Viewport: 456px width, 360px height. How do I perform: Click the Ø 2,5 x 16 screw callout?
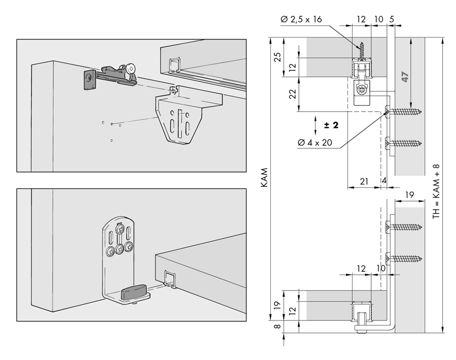[x=301, y=19]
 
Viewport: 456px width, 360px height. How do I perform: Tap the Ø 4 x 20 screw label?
[x=315, y=143]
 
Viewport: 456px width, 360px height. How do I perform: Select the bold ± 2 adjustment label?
[x=331, y=125]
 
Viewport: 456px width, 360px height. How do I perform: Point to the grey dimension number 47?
[x=405, y=77]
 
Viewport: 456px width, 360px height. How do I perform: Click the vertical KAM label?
[x=264, y=178]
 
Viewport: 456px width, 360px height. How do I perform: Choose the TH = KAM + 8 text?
[x=436, y=192]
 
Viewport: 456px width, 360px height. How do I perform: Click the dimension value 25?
[x=278, y=57]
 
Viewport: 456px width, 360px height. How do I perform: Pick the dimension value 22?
[x=293, y=94]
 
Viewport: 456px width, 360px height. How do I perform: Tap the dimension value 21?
[x=364, y=181]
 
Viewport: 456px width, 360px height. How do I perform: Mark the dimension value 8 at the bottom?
[x=278, y=326]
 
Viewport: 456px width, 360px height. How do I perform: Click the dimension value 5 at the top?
[x=392, y=19]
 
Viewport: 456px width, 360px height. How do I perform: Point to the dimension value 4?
[x=384, y=181]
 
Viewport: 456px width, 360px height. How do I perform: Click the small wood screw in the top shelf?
[x=362, y=51]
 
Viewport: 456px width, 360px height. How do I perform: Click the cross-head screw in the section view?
[x=362, y=90]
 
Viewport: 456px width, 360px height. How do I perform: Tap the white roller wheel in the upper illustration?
[x=131, y=69]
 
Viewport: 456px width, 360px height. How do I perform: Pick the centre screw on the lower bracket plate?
[x=120, y=248]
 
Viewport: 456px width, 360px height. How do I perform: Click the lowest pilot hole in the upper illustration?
[x=112, y=141]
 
